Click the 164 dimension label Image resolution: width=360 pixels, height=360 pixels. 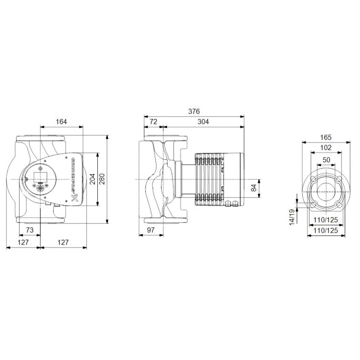[61, 122]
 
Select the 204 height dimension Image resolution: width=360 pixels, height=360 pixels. [92, 179]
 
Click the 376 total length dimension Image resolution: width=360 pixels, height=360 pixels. [194, 111]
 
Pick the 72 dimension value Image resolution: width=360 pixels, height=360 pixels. [153, 122]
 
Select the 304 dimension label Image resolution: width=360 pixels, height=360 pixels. [203, 122]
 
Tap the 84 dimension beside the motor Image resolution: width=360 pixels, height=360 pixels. [254, 188]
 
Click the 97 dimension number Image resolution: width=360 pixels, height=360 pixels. [151, 230]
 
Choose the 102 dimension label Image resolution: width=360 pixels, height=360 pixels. [325, 148]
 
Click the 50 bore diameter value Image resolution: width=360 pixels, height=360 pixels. [326, 159]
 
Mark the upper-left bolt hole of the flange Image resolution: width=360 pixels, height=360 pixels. [313, 179]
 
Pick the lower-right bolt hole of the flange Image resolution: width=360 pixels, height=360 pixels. [339, 204]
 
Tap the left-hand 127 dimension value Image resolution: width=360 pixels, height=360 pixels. [23, 242]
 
